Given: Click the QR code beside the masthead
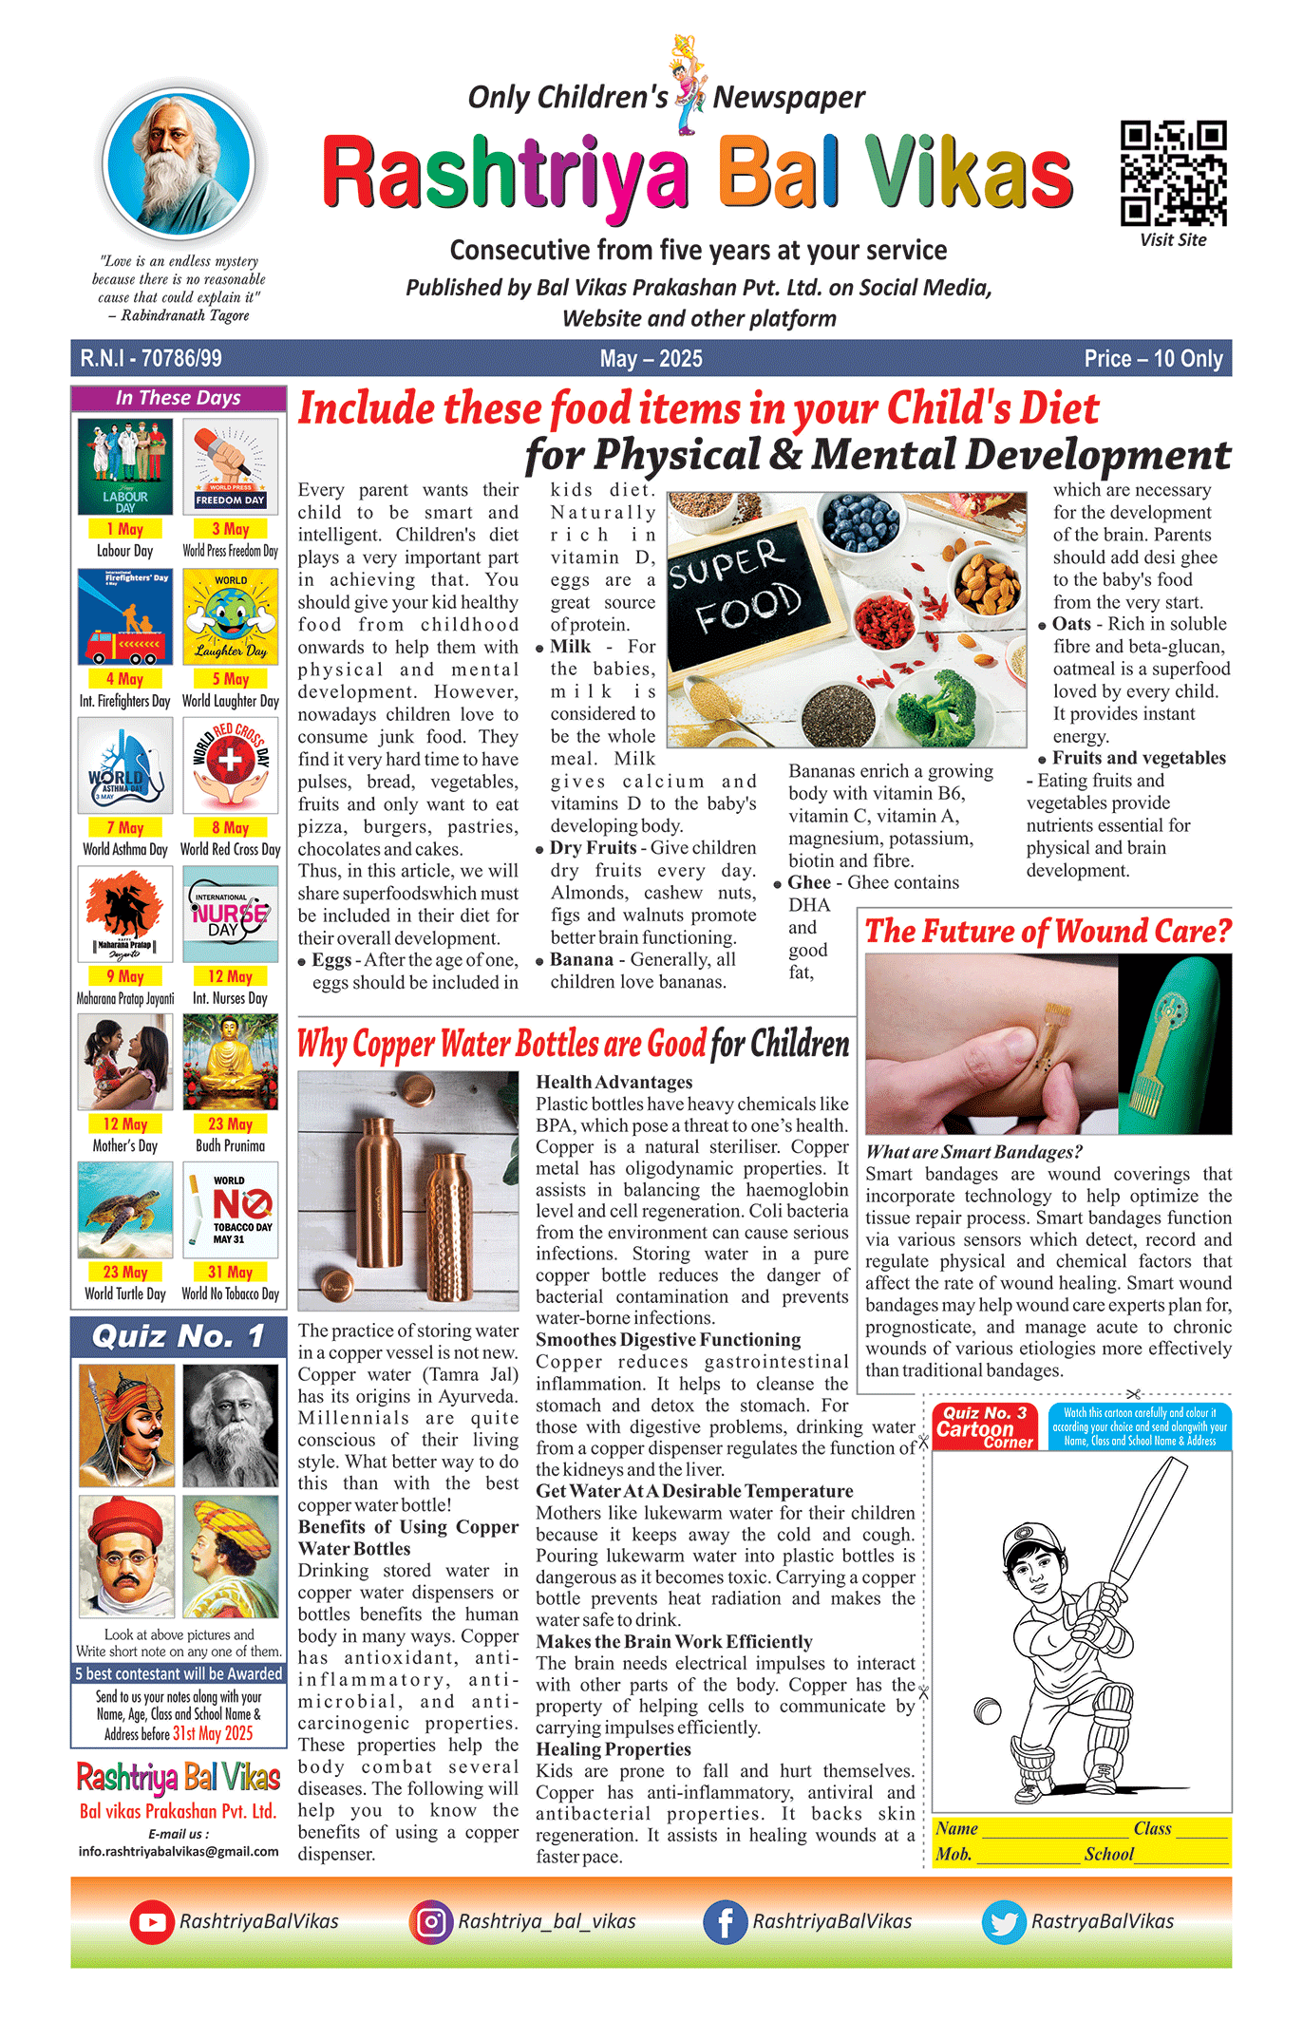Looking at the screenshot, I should [x=1173, y=172].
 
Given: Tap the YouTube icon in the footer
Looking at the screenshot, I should [x=151, y=1921].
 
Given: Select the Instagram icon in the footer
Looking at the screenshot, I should [x=430, y=1921].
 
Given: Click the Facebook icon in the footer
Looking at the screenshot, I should [x=725, y=1921].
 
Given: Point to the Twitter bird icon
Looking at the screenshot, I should [x=1004, y=1921].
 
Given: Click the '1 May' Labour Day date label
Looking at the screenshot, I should [x=125, y=529].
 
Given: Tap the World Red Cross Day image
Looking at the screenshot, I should [x=230, y=765].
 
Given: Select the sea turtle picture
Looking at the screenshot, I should [x=125, y=1210].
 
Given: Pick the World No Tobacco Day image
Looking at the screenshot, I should [x=230, y=1210].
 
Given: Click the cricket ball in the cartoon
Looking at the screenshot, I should [x=988, y=1710].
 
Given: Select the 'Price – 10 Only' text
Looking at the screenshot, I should [x=1153, y=359].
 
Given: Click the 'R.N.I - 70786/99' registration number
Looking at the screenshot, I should [x=151, y=359].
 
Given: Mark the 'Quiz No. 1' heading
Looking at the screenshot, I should [x=178, y=1337].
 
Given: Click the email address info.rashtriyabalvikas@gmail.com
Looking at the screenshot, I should [x=179, y=1851].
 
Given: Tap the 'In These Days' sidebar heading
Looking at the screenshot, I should [x=178, y=398].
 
